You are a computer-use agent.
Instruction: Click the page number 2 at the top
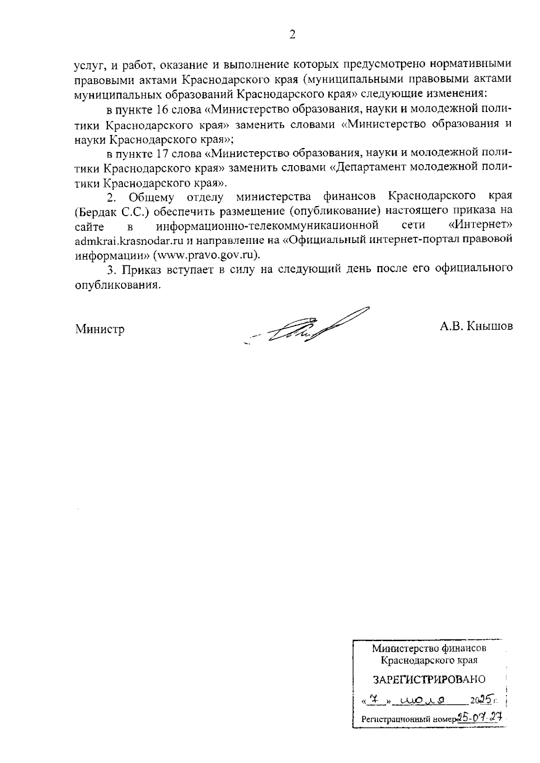pyautogui.click(x=292, y=35)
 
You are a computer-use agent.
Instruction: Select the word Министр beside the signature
pyautogui.click(x=100, y=329)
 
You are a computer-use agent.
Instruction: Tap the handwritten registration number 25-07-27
pyautogui.click(x=479, y=716)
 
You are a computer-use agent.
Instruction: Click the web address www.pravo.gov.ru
pyautogui.click(x=206, y=255)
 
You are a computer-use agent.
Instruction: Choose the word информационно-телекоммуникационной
pyautogui.click(x=266, y=225)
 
